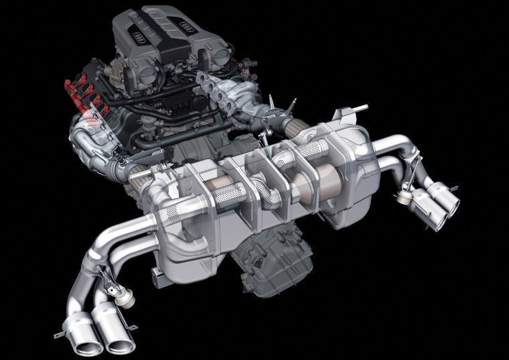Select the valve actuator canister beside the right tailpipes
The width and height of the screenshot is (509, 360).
[403, 197]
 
